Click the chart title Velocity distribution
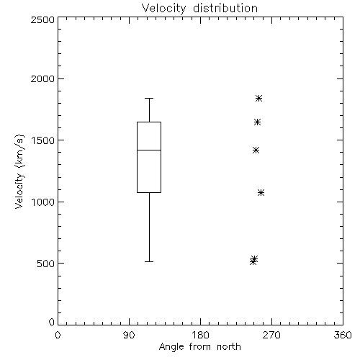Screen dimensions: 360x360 pyautogui.click(x=199, y=9)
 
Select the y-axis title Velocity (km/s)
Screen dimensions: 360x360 pyautogui.click(x=20, y=171)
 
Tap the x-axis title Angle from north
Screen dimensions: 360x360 pyautogui.click(x=199, y=347)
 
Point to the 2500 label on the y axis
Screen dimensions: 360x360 pyautogui.click(x=42, y=19)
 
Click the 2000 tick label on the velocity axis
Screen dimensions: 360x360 pyautogui.click(x=42, y=78)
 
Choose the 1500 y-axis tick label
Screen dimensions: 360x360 pyautogui.click(x=43, y=140)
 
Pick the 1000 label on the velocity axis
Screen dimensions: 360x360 pyautogui.click(x=43, y=202)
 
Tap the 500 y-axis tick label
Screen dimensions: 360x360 pyautogui.click(x=46, y=264)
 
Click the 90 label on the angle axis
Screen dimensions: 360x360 pyautogui.click(x=129, y=335)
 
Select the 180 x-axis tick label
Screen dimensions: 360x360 pyautogui.click(x=199, y=335)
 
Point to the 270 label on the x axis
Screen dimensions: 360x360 pyautogui.click(x=271, y=335)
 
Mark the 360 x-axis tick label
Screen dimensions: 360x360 pyautogui.click(x=343, y=335)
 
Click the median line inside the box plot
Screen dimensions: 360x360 pyautogui.click(x=149, y=150)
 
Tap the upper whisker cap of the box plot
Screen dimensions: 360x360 pyautogui.click(x=149, y=98)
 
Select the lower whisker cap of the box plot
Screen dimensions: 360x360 pyautogui.click(x=149, y=261)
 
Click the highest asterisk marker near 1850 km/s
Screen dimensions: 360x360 pyautogui.click(x=258, y=98)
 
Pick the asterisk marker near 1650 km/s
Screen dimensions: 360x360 pyautogui.click(x=257, y=122)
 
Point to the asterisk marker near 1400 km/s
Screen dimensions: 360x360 pyautogui.click(x=256, y=150)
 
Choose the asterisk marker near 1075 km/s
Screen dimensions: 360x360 pyautogui.click(x=261, y=192)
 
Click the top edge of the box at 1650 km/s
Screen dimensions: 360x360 pyautogui.click(x=149, y=122)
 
